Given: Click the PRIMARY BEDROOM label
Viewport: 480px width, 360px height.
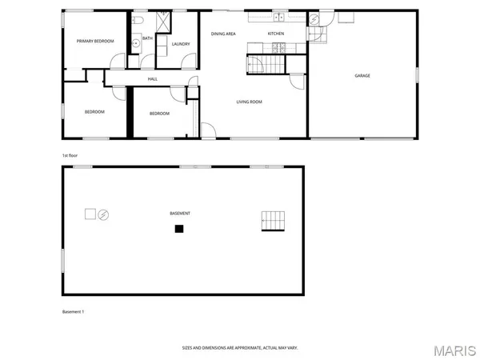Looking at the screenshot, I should pyautogui.click(x=95, y=41).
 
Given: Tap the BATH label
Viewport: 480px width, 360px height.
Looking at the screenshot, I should pyautogui.click(x=147, y=38).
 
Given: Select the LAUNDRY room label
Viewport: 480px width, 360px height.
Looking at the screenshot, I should pyautogui.click(x=180, y=44).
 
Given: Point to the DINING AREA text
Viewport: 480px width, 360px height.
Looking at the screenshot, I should pyautogui.click(x=223, y=34).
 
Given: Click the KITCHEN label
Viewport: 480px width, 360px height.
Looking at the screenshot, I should pyautogui.click(x=276, y=34).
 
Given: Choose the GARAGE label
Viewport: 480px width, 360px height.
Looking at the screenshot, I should pyautogui.click(x=362, y=76).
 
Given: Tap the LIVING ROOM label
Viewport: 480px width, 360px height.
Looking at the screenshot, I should pyautogui.click(x=249, y=102).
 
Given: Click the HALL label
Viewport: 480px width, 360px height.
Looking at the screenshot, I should pyautogui.click(x=152, y=79).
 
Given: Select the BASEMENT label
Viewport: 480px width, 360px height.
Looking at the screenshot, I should pyautogui.click(x=180, y=214).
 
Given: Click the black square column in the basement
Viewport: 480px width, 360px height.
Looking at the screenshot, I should pyautogui.click(x=179, y=229).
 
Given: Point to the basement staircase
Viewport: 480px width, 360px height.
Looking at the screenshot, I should pyautogui.click(x=272, y=221).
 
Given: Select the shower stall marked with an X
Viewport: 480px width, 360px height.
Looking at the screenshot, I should pyautogui.click(x=163, y=22).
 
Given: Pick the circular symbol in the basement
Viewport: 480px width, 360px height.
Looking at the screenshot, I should pyautogui.click(x=102, y=214).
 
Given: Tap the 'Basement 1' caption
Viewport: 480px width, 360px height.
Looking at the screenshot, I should pyautogui.click(x=73, y=311).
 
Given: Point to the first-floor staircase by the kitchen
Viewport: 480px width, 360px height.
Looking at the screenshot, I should pyautogui.click(x=267, y=64).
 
